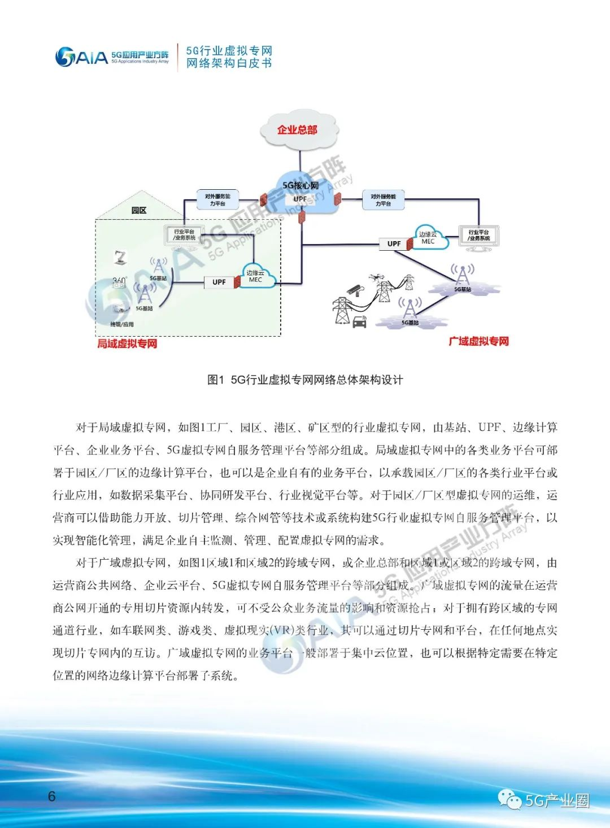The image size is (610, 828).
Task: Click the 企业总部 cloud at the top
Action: click(x=298, y=130)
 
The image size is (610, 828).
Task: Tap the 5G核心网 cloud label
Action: click(x=300, y=185)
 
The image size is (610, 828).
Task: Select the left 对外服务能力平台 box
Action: click(x=217, y=199)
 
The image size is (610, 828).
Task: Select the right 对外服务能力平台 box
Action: click(x=383, y=200)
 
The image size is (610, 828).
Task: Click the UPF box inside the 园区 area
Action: click(x=219, y=282)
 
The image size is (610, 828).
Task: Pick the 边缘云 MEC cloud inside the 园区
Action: click(x=256, y=276)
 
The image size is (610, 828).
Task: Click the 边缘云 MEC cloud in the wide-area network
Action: click(x=429, y=238)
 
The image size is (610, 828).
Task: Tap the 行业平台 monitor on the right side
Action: click(x=479, y=236)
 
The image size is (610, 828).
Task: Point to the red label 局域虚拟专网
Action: click(x=127, y=343)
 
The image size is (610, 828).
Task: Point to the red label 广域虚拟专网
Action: click(x=478, y=341)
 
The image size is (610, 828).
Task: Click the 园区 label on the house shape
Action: click(x=139, y=210)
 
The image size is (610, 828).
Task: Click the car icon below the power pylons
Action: click(x=359, y=323)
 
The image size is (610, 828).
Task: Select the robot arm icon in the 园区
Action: click(x=120, y=257)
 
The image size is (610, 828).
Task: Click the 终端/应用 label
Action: click(x=122, y=324)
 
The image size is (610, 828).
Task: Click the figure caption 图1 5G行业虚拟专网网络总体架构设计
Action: click(x=305, y=380)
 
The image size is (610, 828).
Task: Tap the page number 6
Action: click(x=52, y=796)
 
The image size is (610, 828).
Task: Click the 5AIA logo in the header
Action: click(x=81, y=56)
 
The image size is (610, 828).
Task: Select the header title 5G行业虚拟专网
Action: click(x=229, y=51)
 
